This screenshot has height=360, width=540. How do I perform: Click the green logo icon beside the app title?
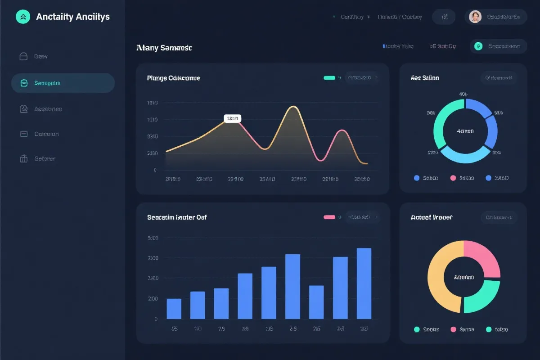(23, 17)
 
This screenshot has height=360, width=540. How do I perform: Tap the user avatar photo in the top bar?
(475, 17)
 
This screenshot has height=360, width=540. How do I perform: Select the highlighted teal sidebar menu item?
(63, 83)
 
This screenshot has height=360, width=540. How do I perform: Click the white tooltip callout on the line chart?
(232, 119)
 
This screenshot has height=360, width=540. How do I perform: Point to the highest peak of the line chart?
(293, 107)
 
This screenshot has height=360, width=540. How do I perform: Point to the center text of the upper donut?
(465, 131)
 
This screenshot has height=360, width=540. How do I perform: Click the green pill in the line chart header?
(329, 78)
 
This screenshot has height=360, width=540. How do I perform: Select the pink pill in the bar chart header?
(329, 217)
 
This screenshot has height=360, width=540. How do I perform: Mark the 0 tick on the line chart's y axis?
(155, 170)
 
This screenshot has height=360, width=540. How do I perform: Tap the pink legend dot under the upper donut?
(453, 178)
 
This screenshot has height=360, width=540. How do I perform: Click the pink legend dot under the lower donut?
(453, 329)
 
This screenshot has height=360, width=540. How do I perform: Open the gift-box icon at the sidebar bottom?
(24, 159)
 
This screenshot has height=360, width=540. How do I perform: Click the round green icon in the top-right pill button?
(478, 46)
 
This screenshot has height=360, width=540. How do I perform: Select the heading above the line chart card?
(164, 48)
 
